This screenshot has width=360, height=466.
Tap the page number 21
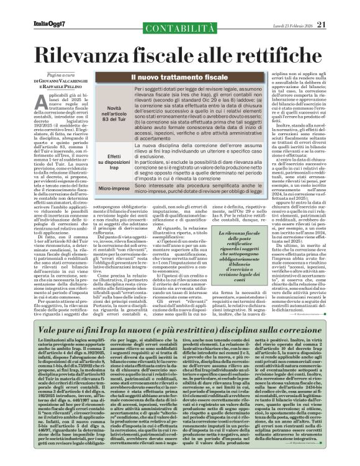(339, 7)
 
